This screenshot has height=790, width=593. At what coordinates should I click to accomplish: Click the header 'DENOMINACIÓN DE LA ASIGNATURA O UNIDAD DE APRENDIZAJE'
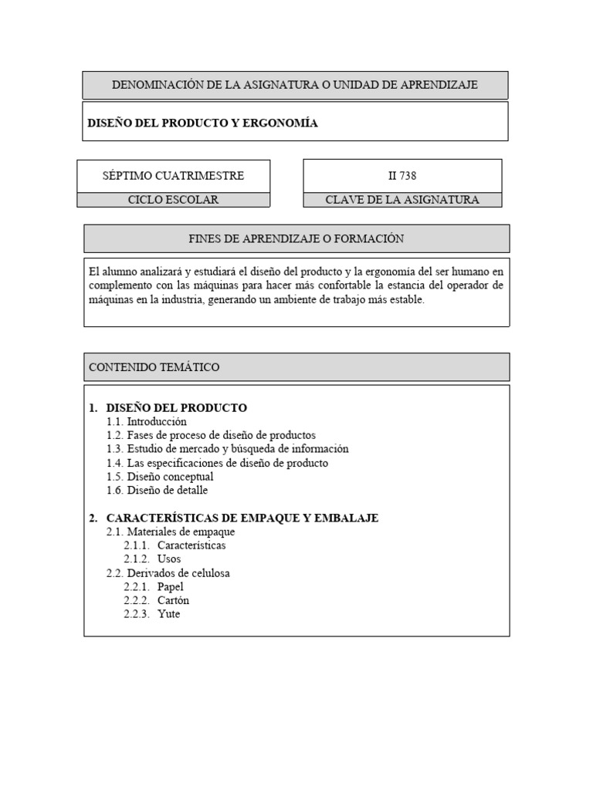point(295,85)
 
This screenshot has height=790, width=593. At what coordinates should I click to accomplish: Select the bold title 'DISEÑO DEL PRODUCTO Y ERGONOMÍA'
point(202,123)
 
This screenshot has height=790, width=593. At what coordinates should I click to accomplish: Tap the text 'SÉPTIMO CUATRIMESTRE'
point(173,176)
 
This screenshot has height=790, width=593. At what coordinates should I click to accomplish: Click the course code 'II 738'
point(402,176)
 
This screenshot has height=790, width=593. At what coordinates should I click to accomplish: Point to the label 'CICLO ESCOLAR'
point(173,200)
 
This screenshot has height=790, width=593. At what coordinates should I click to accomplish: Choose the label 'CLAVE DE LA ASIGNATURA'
point(402,200)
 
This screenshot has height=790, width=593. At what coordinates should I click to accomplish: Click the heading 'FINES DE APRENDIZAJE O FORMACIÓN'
point(296,238)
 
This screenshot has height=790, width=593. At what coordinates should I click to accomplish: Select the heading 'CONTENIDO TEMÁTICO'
point(154,367)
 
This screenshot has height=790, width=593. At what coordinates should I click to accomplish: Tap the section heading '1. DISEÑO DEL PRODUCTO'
point(168,407)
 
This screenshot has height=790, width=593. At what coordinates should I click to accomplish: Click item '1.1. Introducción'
point(147,421)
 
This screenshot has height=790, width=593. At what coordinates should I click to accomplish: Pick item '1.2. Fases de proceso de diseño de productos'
point(211,435)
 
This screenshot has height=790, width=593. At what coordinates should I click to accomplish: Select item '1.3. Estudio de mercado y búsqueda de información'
point(228,449)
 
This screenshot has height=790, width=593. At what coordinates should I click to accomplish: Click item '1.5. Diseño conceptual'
point(160,477)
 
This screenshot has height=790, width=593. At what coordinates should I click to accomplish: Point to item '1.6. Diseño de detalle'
point(158,490)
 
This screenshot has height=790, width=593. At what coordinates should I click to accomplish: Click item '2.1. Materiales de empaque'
point(171,532)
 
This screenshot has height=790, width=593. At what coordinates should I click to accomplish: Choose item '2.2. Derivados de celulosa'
point(168,573)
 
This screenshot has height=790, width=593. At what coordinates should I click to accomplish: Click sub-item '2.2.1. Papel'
point(154,586)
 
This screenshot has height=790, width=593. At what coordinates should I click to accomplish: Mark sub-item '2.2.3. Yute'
point(152,614)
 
